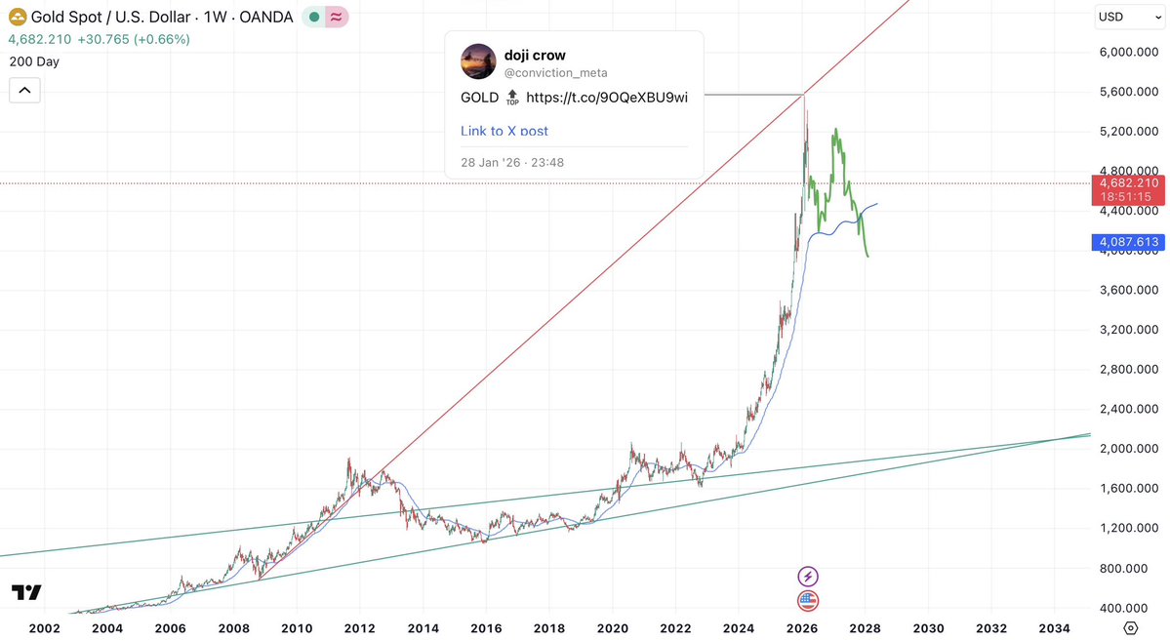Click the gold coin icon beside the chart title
(17, 18)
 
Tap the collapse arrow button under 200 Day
(24, 91)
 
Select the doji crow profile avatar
(477, 61)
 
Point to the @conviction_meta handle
(548, 71)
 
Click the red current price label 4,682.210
(1128, 182)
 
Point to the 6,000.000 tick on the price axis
(1128, 52)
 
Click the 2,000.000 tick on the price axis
(1128, 449)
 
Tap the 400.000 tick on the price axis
(1128, 608)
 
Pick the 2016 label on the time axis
(486, 628)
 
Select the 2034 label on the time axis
(1054, 628)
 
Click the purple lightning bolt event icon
(808, 576)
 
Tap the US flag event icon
(808, 600)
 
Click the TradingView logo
(26, 593)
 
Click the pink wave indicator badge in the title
(338, 18)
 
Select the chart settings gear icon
(1131, 627)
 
